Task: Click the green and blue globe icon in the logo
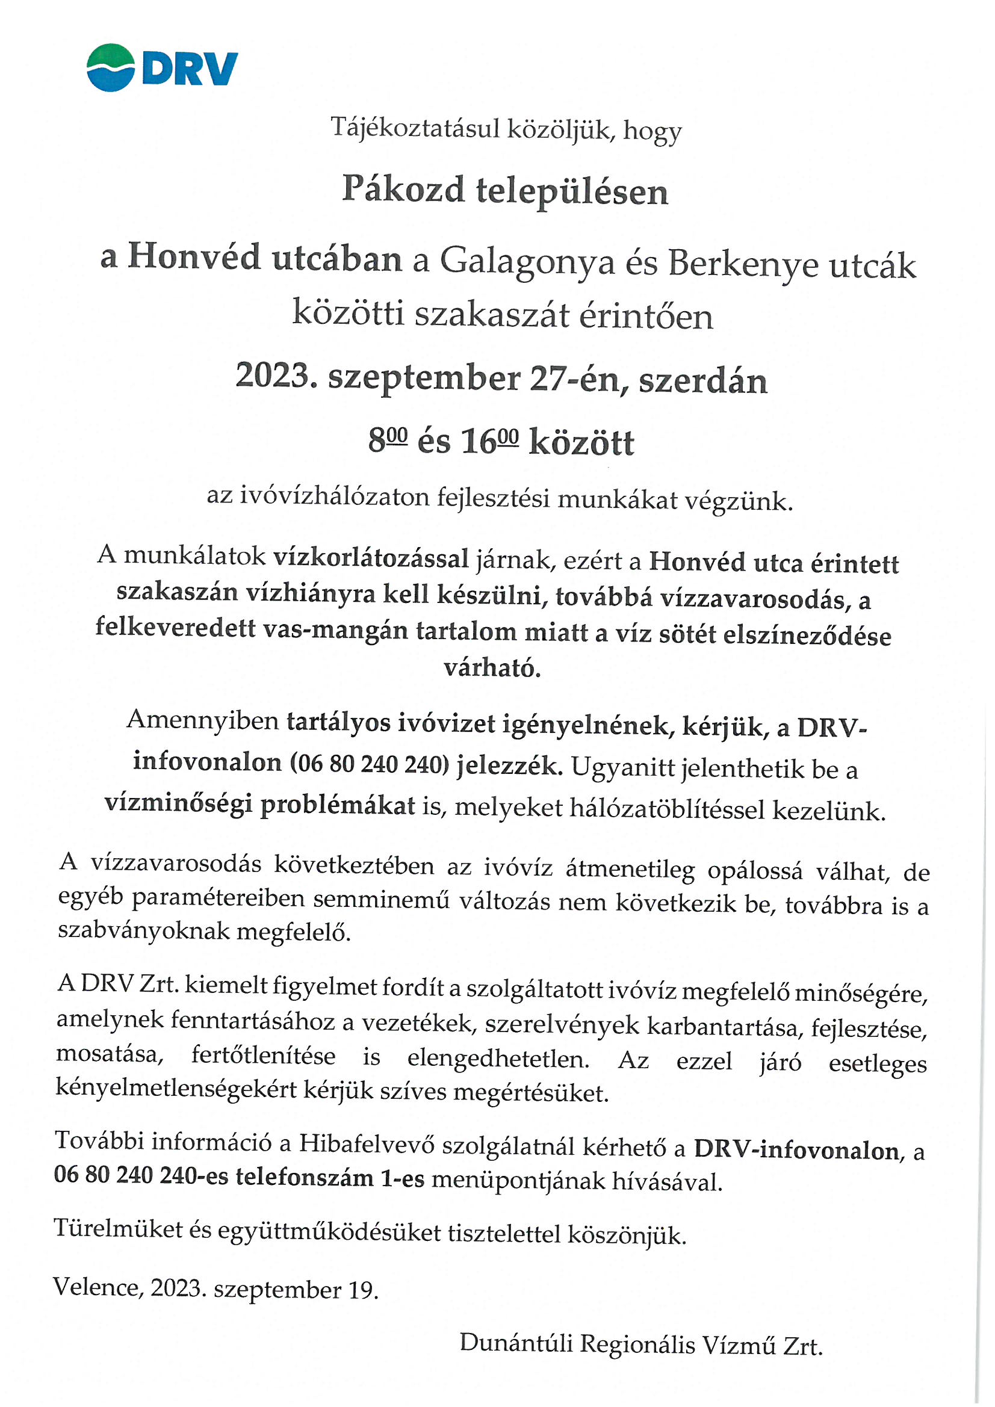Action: (x=110, y=67)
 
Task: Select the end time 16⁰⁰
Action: (x=489, y=441)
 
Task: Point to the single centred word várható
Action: (x=492, y=667)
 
